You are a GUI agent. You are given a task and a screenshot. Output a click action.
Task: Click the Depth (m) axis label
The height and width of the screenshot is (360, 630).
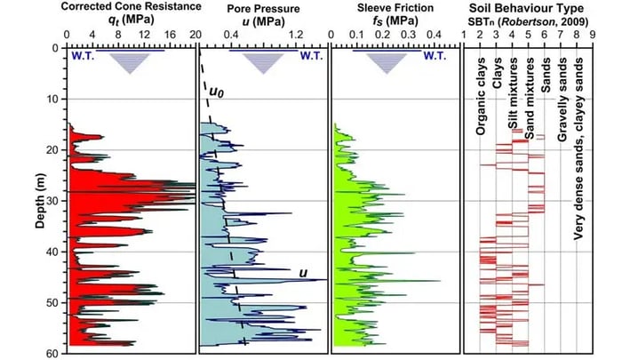pos(41,201)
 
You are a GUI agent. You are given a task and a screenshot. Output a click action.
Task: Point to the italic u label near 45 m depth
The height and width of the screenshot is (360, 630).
pos(303,272)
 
